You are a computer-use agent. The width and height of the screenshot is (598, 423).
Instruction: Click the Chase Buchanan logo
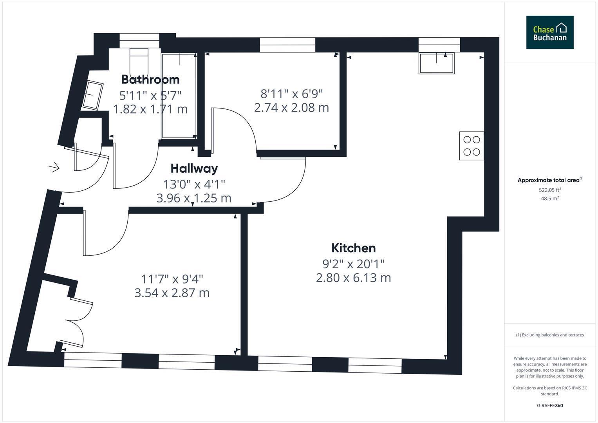550,32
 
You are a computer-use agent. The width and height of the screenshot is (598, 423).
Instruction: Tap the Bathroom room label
150,80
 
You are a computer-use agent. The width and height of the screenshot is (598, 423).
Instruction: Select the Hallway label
194,169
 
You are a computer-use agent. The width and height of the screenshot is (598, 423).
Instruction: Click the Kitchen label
354,248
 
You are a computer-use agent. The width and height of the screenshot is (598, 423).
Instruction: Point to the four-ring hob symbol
472,146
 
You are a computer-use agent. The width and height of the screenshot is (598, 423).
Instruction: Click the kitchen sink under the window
437,63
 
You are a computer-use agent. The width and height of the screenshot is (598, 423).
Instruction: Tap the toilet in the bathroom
139,63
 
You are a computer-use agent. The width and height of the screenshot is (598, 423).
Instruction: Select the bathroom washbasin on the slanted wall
92,95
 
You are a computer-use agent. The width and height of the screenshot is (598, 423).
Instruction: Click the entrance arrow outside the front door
54,167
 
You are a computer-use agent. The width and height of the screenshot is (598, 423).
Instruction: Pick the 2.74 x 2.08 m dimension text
291,108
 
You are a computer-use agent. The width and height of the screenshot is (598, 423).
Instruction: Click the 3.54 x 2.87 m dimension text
172,293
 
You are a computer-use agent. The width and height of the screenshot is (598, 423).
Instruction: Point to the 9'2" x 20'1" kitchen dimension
354,264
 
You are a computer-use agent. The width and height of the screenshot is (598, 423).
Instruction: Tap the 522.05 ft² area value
550,190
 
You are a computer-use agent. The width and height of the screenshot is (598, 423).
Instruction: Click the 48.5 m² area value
550,199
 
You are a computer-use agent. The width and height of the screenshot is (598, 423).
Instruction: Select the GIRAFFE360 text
550,406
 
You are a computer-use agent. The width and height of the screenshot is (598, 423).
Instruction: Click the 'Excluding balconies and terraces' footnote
550,335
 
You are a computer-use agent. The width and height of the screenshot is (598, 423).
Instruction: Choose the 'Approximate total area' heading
550,180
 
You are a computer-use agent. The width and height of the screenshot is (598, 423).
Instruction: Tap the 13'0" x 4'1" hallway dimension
194,184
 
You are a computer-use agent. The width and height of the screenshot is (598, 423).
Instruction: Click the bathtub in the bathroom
179,96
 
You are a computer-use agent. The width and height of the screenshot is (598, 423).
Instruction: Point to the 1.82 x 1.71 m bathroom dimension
150,109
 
